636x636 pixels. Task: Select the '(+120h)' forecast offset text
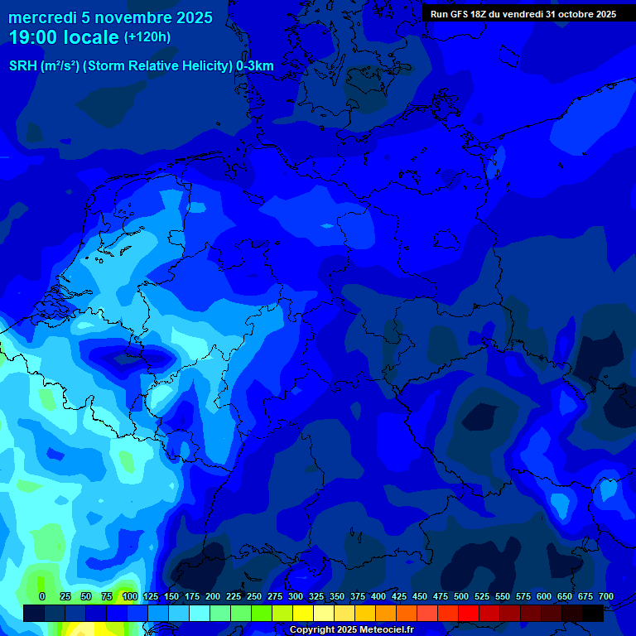[x=147, y=37]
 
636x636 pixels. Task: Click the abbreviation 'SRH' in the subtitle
[x=22, y=66]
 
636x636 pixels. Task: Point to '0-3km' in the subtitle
[x=255, y=66]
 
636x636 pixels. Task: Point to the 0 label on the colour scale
[x=42, y=596]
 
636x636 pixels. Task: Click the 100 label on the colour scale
[x=129, y=596]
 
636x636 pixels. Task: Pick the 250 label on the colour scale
[x=254, y=596]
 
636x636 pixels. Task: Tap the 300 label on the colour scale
[x=296, y=596]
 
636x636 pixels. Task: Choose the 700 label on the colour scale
[x=606, y=596]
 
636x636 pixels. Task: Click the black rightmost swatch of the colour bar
[x=593, y=613]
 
